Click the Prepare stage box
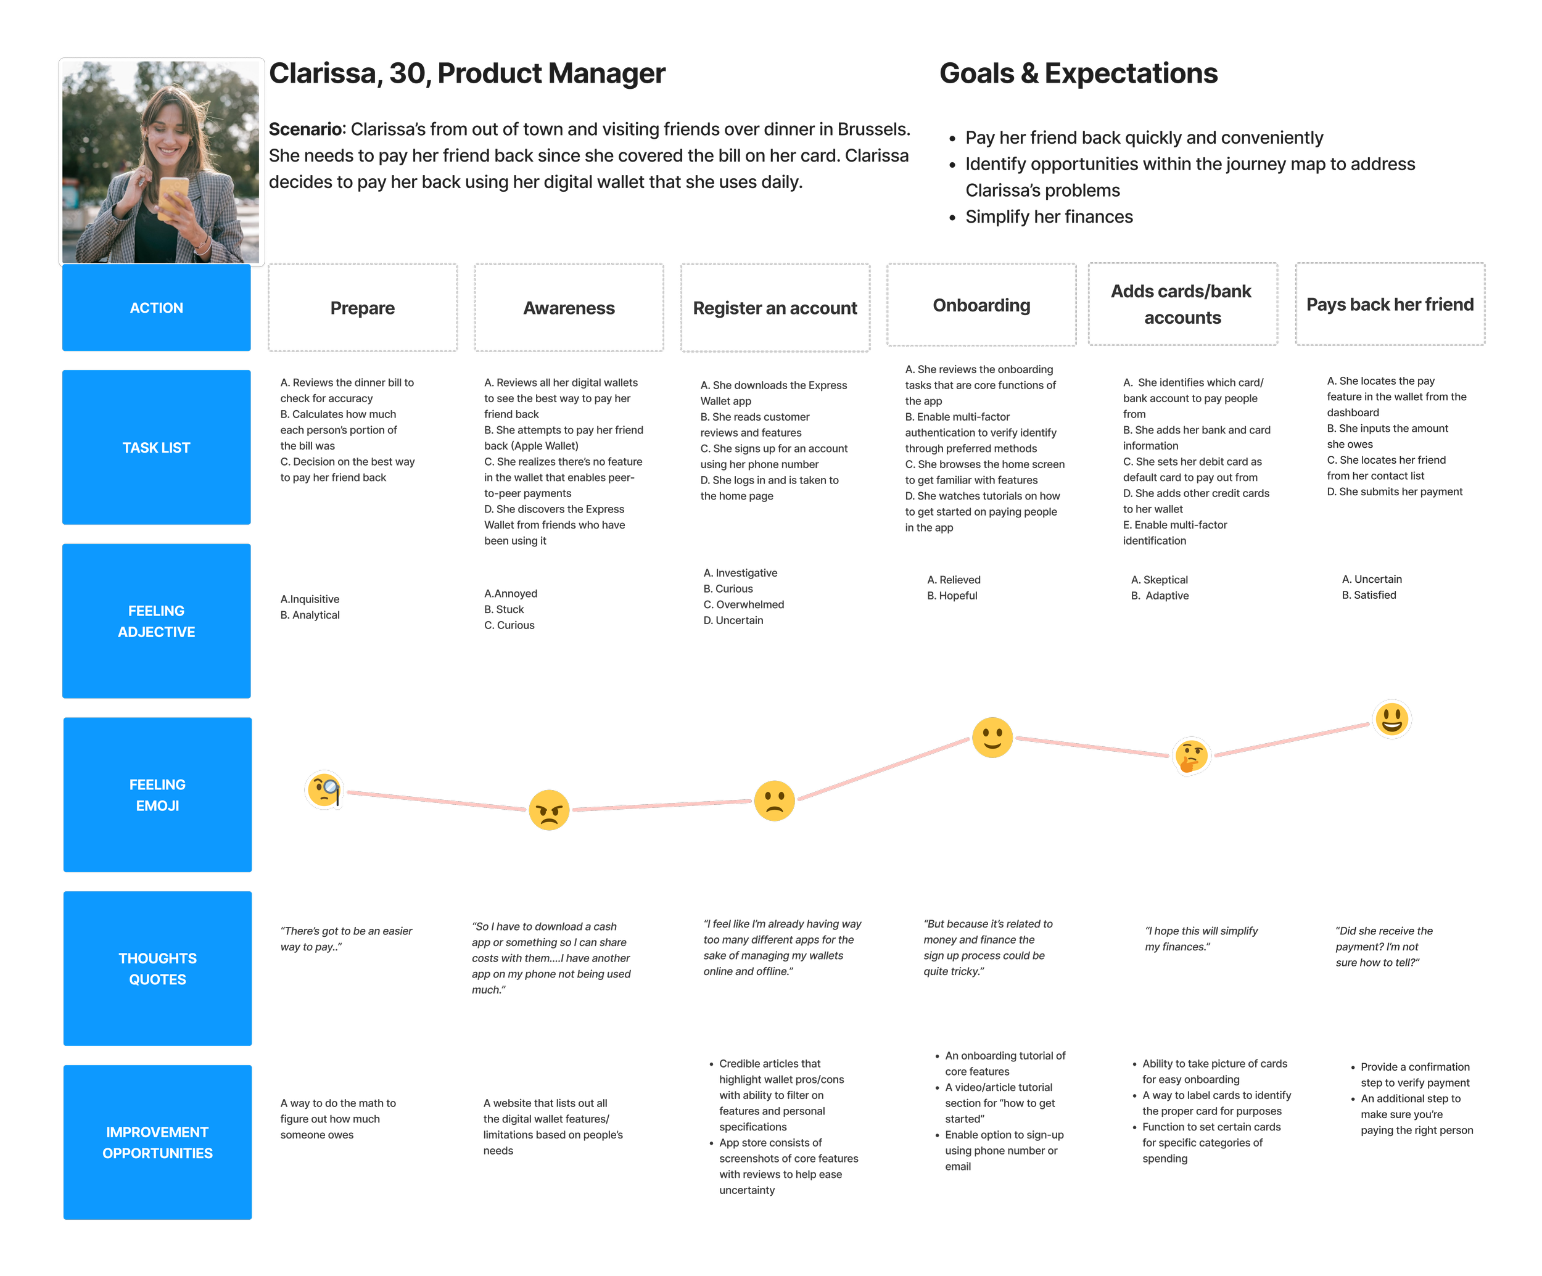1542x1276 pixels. click(362, 308)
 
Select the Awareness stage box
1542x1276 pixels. click(569, 308)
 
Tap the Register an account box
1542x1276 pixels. click(775, 308)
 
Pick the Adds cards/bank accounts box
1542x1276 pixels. click(1182, 304)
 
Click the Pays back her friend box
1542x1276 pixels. click(1390, 304)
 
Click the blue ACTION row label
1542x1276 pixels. click(157, 308)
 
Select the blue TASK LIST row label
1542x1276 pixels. click(157, 447)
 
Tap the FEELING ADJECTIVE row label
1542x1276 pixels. click(157, 621)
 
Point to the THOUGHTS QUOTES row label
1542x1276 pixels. click(157, 968)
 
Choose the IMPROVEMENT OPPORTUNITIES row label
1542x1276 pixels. click(157, 1142)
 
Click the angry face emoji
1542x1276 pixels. click(548, 810)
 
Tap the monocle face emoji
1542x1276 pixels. click(324, 790)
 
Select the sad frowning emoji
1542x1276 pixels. click(774, 801)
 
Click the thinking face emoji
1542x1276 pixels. click(1191, 755)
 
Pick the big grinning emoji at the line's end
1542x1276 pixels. click(1392, 718)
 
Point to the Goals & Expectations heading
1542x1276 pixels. click(1078, 74)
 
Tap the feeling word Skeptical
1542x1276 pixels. click(1165, 580)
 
